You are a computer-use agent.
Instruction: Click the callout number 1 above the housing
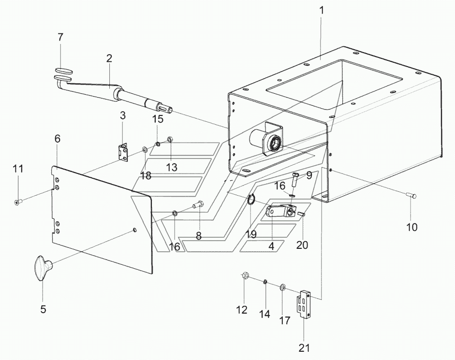coord(321,11)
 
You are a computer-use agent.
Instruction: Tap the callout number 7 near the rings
coord(60,38)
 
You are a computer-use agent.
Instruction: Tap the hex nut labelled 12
coord(244,275)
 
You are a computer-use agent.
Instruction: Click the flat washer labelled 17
coord(282,288)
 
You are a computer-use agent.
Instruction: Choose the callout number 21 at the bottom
coord(305,347)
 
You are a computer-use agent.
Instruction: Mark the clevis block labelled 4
coord(280,211)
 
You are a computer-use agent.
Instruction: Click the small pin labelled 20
coord(301,214)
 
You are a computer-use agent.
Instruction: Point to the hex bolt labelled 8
coord(197,205)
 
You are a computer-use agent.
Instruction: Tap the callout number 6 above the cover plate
coord(58,139)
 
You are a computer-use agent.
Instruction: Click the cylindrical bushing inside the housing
coord(266,140)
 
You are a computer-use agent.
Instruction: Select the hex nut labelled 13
coord(171,139)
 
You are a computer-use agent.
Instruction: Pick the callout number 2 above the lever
coord(109,59)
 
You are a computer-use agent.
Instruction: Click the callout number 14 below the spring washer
coord(264,314)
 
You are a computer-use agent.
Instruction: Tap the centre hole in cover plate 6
coord(134,230)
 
